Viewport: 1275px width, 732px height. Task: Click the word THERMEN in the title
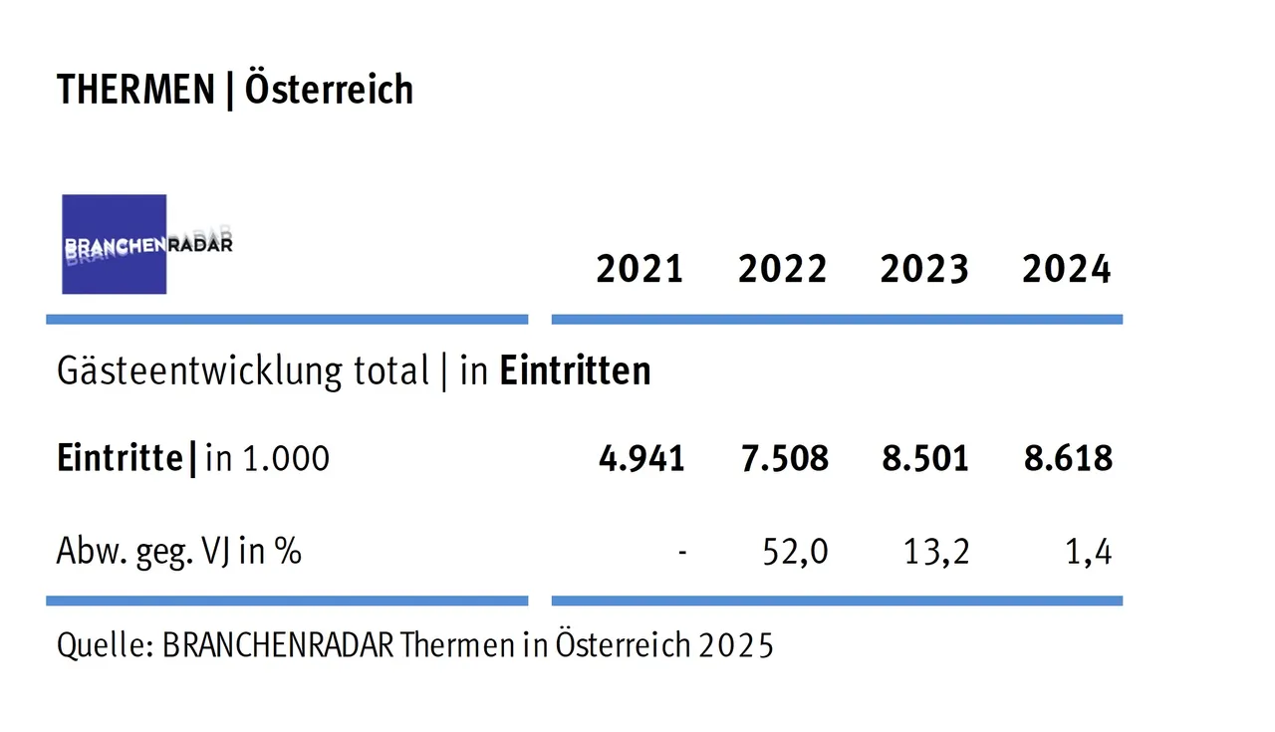click(135, 90)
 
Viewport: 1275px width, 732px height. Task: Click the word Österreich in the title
click(329, 90)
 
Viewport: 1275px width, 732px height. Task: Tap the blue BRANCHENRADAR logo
click(115, 244)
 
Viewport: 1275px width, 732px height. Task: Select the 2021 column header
click(639, 270)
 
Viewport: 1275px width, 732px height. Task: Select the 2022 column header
click(782, 270)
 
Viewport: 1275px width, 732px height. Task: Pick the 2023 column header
click(924, 270)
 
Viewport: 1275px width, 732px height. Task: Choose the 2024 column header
click(1067, 270)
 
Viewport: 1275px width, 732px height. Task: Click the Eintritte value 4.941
click(641, 458)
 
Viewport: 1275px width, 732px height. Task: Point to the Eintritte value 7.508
click(784, 458)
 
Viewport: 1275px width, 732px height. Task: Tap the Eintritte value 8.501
click(925, 458)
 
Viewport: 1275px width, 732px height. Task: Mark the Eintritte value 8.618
click(1068, 458)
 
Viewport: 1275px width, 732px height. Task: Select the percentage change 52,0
click(795, 551)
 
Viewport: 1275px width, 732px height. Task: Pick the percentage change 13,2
click(937, 551)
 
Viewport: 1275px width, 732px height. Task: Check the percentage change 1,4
click(1089, 551)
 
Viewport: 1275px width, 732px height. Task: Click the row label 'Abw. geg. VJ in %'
click(179, 551)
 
